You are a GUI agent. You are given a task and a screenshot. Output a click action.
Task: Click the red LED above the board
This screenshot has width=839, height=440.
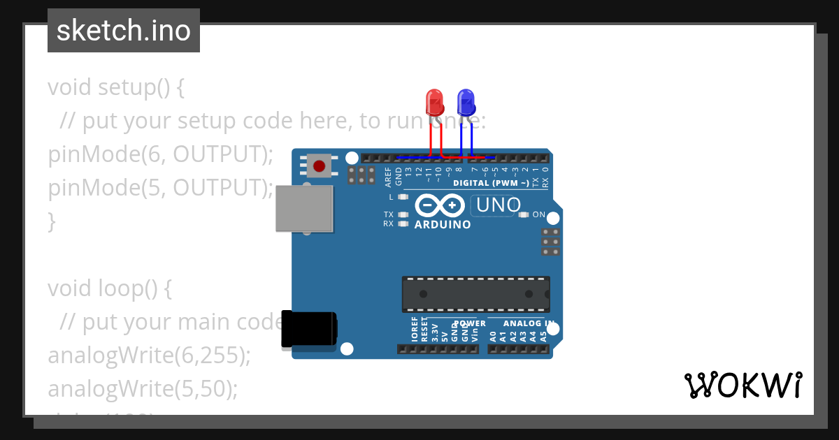(434, 103)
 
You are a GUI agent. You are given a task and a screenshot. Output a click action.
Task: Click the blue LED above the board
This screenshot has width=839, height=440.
(466, 103)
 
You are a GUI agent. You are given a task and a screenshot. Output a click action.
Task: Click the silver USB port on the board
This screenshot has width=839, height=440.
(304, 208)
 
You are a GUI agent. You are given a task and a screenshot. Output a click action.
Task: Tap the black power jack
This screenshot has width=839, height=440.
(308, 328)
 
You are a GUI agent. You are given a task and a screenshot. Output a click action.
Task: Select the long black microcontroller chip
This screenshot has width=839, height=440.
(475, 294)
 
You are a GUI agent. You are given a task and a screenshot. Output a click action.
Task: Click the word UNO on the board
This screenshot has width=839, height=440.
(499, 205)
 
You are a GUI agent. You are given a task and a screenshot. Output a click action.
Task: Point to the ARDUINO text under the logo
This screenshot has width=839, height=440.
(443, 225)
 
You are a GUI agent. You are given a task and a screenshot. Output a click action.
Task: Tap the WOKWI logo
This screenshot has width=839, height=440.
(743, 385)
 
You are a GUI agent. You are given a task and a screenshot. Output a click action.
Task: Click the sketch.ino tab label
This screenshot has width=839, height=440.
(124, 31)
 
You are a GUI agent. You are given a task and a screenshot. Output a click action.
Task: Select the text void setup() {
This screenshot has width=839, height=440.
(116, 88)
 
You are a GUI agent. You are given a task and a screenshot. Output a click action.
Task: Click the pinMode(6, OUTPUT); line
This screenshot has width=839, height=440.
(160, 154)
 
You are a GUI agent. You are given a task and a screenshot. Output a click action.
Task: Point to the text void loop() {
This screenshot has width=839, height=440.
(110, 288)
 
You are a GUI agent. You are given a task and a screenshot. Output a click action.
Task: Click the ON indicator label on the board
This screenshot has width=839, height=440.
(538, 214)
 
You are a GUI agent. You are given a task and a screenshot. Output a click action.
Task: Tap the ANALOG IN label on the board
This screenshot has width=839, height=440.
(529, 323)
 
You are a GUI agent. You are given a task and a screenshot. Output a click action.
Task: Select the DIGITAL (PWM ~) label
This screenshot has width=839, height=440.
(491, 183)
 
